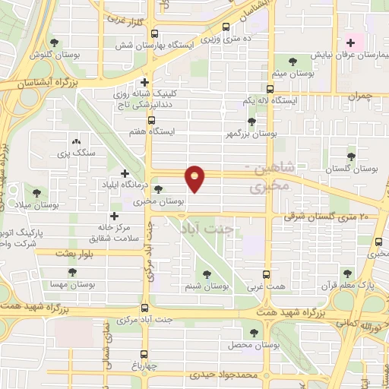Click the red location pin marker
(x=196, y=177)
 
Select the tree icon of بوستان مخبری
(x=158, y=190)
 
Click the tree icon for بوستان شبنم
(x=207, y=274)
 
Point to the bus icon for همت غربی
(x=266, y=274)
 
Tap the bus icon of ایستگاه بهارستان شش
(x=155, y=33)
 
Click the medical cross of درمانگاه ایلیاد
(x=124, y=173)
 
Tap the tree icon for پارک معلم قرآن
(x=347, y=274)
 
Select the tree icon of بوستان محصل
(x=255, y=332)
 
